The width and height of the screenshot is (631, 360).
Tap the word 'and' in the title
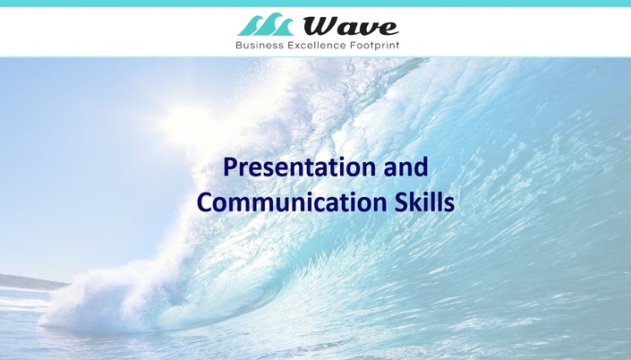point(405,167)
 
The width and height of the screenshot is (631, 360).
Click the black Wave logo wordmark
point(351,27)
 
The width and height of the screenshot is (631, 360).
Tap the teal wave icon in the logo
point(265,24)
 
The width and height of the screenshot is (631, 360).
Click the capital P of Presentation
point(230,167)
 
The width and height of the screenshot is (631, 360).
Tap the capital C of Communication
point(205,202)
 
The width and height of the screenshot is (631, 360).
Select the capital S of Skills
point(398,202)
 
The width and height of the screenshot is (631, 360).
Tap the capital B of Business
point(239,45)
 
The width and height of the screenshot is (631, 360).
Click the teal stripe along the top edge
point(315,4)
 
